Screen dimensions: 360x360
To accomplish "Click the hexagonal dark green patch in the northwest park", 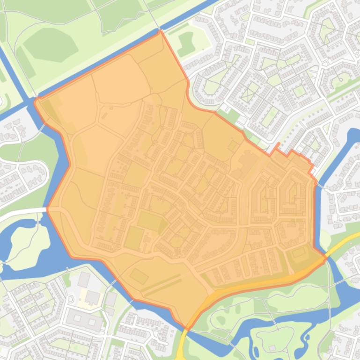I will click(51, 45).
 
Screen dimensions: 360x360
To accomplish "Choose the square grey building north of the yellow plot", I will click(84, 280).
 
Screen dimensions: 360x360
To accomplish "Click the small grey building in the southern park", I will click(272, 348).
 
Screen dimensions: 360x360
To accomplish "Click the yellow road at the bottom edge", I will click(181, 348).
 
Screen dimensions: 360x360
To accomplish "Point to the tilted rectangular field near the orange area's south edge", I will click(139, 276).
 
